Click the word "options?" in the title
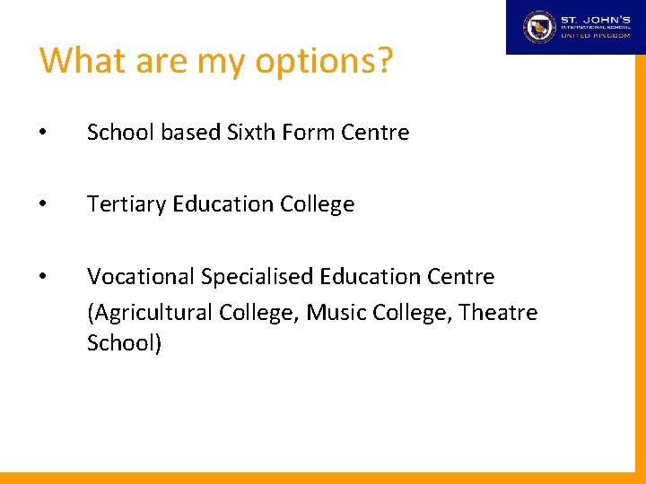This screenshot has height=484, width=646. [x=324, y=61]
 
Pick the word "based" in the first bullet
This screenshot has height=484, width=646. [x=189, y=133]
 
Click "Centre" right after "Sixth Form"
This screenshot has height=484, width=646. [x=375, y=133]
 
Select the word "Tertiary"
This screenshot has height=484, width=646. [x=126, y=204]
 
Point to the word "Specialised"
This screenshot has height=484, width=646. [x=260, y=276]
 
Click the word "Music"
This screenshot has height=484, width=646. [x=335, y=313]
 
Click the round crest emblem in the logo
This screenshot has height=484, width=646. [x=540, y=27]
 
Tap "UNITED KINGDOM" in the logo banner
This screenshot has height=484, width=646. [x=595, y=36]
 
